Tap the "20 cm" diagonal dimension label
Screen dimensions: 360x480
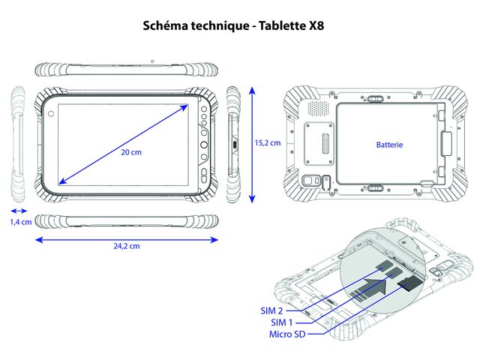130,151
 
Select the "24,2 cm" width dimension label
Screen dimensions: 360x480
127,245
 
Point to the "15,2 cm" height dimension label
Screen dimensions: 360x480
266,142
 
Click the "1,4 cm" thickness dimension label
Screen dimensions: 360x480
20,222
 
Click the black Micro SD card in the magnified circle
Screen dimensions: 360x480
409,283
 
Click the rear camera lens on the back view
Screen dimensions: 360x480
310,181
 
